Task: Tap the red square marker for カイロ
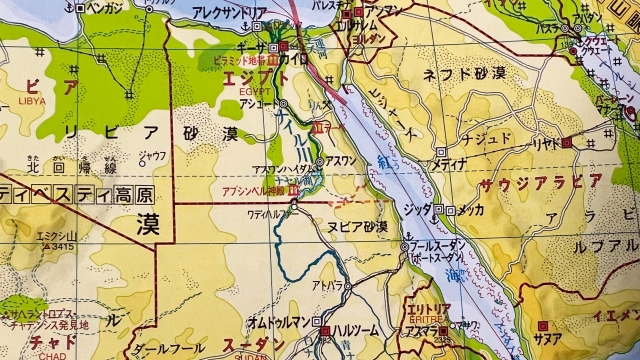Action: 284,47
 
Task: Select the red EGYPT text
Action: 258,90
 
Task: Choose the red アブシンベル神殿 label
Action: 251,189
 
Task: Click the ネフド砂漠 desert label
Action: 462,73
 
